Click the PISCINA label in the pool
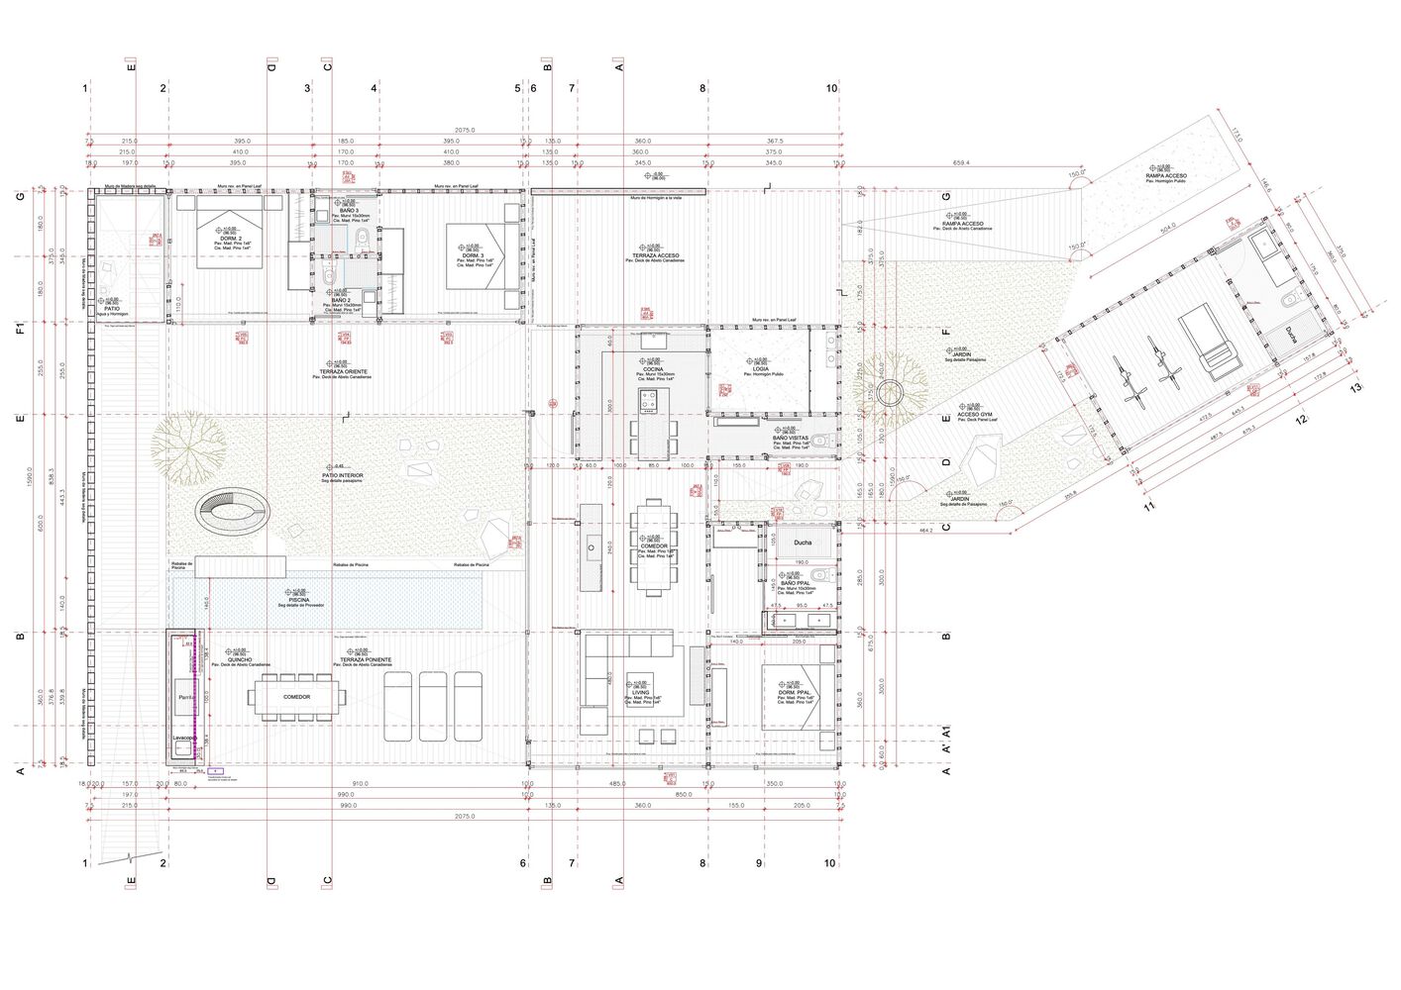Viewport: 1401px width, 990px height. click(298, 600)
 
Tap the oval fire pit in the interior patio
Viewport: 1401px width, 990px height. click(233, 512)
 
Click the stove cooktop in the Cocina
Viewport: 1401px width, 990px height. click(648, 401)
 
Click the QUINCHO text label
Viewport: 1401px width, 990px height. click(239, 659)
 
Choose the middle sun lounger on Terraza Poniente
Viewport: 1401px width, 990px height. click(434, 706)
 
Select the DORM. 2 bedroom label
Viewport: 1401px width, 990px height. click(230, 239)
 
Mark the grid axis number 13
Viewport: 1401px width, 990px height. click(1355, 387)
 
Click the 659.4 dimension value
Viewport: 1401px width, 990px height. click(961, 163)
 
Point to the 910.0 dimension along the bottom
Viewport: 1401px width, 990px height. click(360, 784)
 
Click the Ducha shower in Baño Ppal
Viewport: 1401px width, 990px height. click(803, 543)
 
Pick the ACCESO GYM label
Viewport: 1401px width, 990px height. click(974, 415)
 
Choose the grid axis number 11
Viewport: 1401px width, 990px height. click(1150, 506)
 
